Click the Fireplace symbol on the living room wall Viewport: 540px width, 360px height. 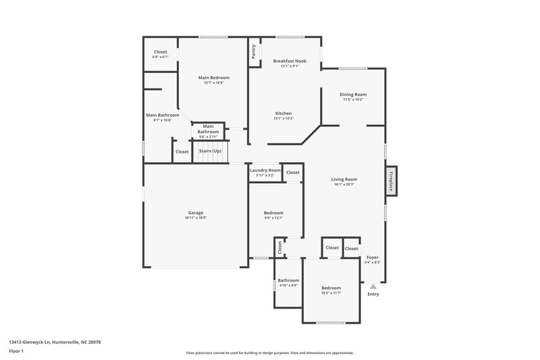(x=390, y=180)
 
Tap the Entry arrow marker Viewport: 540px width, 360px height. (x=373, y=286)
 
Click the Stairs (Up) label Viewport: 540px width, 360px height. (x=209, y=151)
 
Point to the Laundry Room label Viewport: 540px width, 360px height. (x=265, y=170)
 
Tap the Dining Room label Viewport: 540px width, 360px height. (x=352, y=94)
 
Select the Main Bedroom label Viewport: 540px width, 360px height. (x=213, y=78)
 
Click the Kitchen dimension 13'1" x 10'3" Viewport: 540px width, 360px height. (x=283, y=118)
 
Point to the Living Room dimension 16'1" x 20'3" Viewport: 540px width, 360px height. (x=344, y=184)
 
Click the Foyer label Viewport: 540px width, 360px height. (x=372, y=257)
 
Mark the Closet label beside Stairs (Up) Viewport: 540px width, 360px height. (x=182, y=151)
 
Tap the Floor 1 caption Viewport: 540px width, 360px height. (x=16, y=351)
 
